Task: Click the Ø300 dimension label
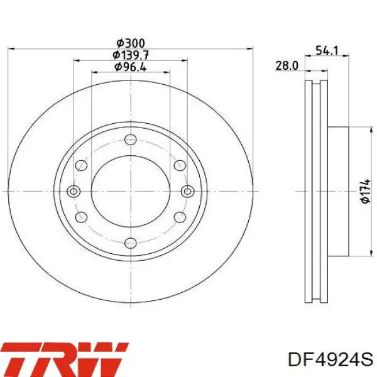tap(131, 43)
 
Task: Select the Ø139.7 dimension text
tap(131, 55)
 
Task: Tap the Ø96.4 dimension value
tap(131, 67)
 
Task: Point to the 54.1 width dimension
tap(327, 51)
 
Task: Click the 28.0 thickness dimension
tap(287, 65)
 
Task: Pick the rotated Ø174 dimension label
tap(365, 191)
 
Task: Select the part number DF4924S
tap(331, 360)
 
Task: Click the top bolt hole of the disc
tap(131, 139)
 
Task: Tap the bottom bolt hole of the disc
tap(131, 243)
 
